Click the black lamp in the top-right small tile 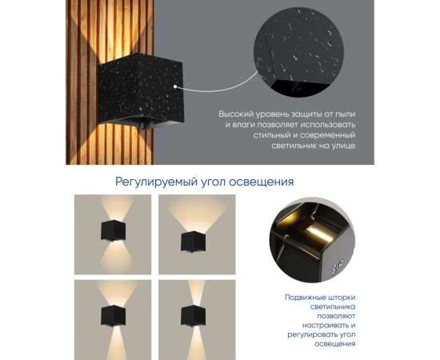194,239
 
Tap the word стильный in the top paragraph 243,136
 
